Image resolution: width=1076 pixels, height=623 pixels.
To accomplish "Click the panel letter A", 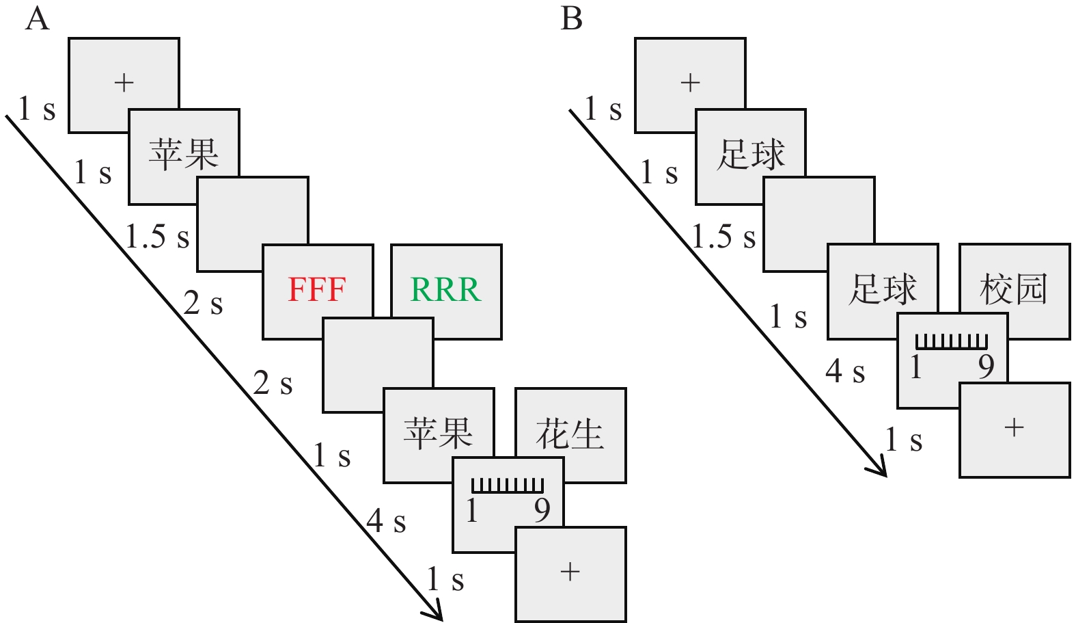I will click(x=38, y=18).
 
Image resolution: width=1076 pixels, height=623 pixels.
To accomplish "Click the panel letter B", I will click(x=571, y=18).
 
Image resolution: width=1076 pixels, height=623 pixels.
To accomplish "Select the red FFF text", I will click(x=317, y=290).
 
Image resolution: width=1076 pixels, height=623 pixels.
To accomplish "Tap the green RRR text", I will click(x=445, y=290).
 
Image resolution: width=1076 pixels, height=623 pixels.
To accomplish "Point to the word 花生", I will click(x=570, y=435).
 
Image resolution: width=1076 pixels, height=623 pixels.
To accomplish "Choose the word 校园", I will click(x=1014, y=289).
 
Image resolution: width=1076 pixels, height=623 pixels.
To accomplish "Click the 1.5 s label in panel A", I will click(x=157, y=237).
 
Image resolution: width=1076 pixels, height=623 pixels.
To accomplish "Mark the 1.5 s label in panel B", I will click(x=723, y=237).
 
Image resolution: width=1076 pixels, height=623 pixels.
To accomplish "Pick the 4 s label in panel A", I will click(x=386, y=522).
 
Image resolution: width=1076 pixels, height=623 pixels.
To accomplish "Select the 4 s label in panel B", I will click(x=845, y=371).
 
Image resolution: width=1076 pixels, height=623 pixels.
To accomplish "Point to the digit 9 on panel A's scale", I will click(x=542, y=510).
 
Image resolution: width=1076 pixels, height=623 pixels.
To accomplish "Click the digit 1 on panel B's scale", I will click(x=916, y=368).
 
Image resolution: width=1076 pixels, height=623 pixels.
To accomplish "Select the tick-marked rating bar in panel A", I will click(x=508, y=486).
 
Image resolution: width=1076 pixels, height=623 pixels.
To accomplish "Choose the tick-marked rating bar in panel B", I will click(x=952, y=341).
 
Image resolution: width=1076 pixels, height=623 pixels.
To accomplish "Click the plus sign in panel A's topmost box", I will click(x=124, y=83).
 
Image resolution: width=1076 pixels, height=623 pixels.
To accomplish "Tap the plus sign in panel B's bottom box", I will click(x=1015, y=428).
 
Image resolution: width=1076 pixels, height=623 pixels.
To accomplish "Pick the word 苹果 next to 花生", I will click(x=438, y=434).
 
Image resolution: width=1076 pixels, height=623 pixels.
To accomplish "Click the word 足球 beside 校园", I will click(x=883, y=289).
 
